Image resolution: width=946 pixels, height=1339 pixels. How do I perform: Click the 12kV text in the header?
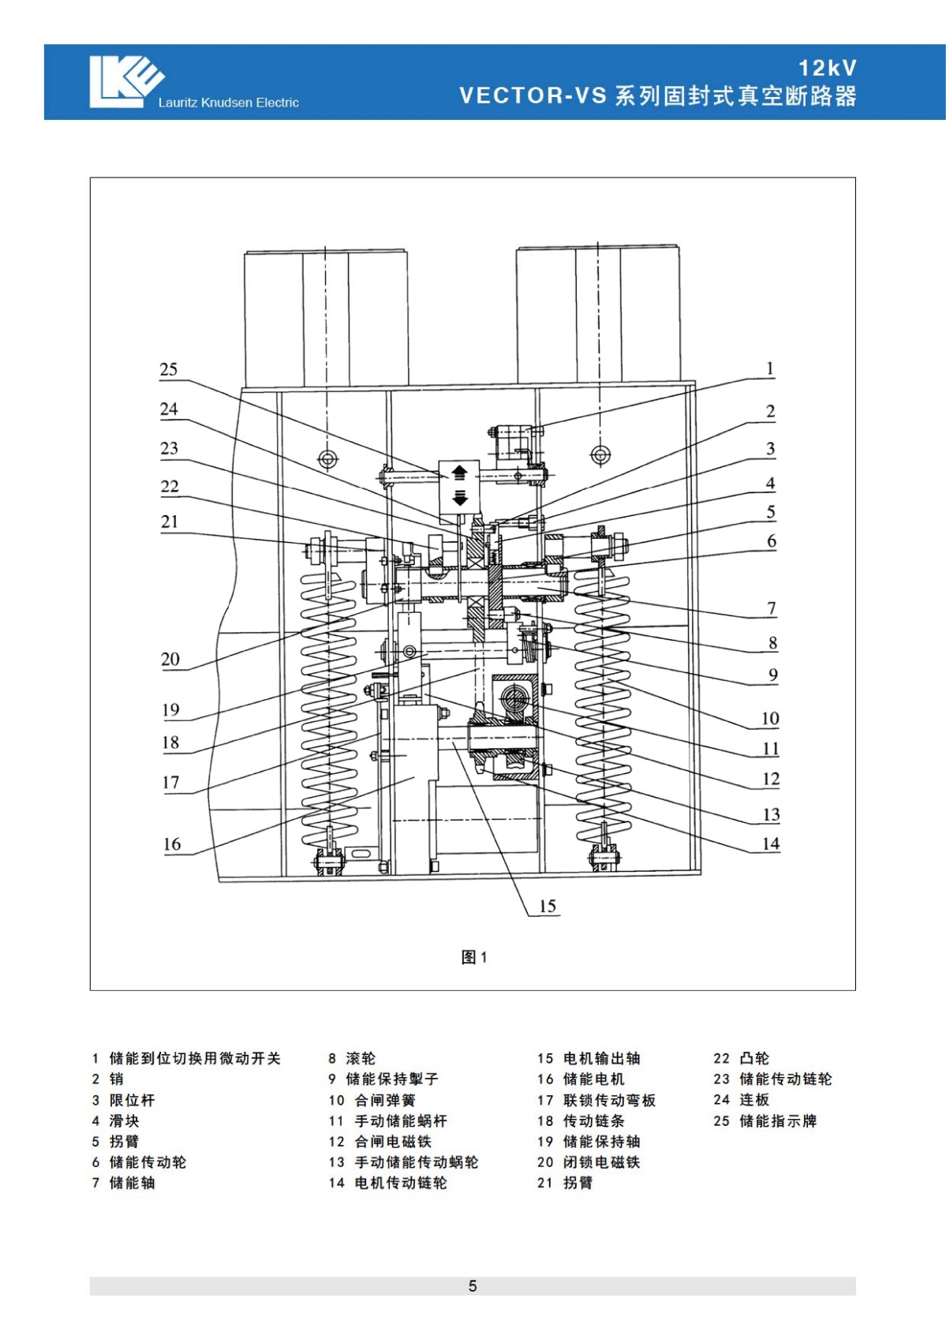click(828, 69)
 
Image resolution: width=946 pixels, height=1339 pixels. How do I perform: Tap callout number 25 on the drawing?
click(169, 368)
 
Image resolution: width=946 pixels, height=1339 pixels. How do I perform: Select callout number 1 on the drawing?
click(770, 368)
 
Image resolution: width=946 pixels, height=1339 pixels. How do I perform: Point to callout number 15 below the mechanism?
click(548, 906)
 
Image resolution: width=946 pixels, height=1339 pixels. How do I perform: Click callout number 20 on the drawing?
click(170, 659)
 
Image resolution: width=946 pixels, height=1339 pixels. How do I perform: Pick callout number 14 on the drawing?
click(771, 843)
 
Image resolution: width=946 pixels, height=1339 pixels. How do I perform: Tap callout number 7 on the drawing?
click(772, 608)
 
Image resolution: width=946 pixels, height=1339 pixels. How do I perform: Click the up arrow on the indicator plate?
click(458, 473)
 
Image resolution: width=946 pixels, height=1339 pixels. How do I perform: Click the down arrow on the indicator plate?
click(459, 497)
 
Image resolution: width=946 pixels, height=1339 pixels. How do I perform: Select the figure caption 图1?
click(474, 957)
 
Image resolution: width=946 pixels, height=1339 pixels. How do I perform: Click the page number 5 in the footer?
click(473, 1286)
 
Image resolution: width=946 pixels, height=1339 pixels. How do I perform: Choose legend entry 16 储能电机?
click(580, 1079)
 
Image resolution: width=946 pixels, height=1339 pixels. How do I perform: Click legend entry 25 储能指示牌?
click(765, 1120)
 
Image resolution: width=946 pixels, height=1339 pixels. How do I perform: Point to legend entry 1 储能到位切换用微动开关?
click(186, 1059)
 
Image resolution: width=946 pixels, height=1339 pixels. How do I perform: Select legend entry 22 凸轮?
click(741, 1059)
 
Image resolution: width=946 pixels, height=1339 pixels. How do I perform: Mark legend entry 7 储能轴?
click(123, 1183)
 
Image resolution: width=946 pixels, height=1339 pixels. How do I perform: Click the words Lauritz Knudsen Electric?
click(228, 103)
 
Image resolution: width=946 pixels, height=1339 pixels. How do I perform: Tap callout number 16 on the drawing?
click(171, 844)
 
